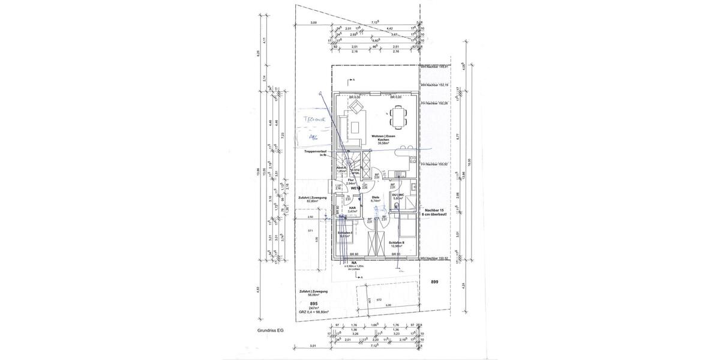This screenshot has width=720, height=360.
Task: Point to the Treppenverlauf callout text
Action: [316, 153]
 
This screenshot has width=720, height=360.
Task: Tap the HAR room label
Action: [352, 209]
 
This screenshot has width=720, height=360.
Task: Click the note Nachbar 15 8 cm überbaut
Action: [436, 212]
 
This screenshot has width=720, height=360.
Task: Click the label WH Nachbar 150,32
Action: [434, 259]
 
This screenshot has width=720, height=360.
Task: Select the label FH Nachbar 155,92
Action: [434, 164]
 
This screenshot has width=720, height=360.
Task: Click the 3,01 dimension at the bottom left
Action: [313, 346]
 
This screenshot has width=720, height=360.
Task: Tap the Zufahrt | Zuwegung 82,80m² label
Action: [311, 199]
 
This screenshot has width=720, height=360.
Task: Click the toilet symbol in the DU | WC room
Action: [398, 208]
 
